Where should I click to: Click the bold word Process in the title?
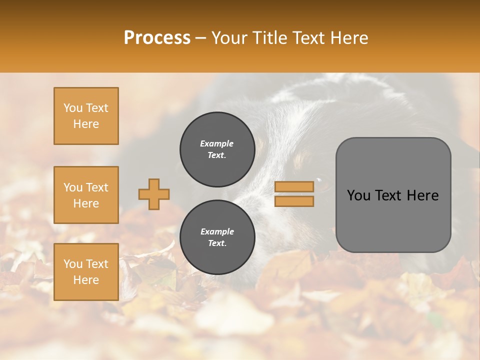[157, 38]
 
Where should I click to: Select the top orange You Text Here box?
[86, 116]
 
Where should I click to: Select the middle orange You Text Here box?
[86, 195]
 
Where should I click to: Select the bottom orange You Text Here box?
[86, 272]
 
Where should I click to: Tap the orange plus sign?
[154, 194]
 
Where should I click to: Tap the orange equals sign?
[294, 194]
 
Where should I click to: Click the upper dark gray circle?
[217, 149]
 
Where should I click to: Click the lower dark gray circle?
[217, 237]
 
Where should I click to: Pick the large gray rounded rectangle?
[393, 195]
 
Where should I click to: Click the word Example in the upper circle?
[217, 144]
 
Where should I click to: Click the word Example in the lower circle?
[217, 232]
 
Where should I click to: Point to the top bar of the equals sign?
[294, 187]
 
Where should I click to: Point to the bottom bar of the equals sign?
[294, 201]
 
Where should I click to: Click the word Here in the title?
[348, 38]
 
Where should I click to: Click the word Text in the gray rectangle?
[392, 195]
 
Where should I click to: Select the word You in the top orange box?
[73, 108]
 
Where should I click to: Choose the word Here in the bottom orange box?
[86, 280]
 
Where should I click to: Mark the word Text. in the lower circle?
[217, 243]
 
